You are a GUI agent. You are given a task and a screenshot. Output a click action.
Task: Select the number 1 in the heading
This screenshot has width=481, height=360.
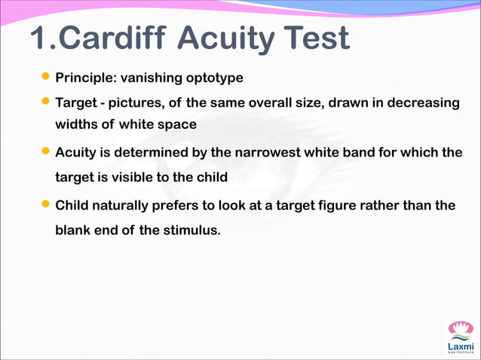[39, 38]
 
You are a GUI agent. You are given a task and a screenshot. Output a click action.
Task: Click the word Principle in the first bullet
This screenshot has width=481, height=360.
[85, 78]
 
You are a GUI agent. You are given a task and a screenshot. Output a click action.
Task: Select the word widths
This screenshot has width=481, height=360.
[74, 124]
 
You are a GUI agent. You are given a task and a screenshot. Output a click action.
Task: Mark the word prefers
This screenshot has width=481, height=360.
[185, 205]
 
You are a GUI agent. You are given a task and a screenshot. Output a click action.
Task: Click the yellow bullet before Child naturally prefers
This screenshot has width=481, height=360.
[46, 203]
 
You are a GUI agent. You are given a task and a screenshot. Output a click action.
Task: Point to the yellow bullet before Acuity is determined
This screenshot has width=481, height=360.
[46, 151]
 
